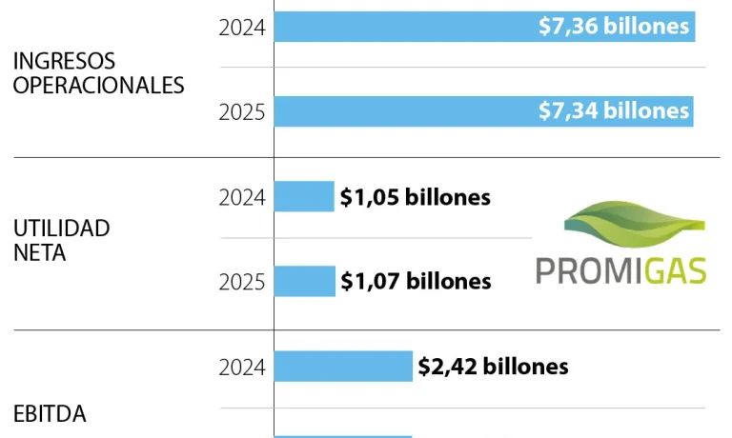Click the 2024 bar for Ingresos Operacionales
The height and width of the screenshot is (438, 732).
pos(400,27)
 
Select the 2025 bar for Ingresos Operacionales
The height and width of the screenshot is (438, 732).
pos(400,111)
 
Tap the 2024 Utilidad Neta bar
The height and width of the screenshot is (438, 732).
pos(304,197)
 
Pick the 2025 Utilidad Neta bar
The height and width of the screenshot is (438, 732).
pos(304,281)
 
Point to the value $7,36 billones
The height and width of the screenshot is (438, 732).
pos(613,27)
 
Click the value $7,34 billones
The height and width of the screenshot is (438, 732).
pos(613,111)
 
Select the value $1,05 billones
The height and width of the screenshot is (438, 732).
pos(416,197)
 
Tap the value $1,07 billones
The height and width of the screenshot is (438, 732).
pos(416,281)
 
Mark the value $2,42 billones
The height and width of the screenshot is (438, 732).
pos(493,366)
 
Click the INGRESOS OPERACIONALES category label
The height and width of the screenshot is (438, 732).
pos(98,72)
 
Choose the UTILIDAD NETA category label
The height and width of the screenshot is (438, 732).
pos(61,241)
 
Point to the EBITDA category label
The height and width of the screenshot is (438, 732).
pos(50,414)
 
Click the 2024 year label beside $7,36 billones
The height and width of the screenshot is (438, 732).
pos(242,28)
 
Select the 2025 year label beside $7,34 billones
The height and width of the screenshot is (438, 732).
pos(242,112)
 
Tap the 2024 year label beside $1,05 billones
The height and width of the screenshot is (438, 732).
pos(242,198)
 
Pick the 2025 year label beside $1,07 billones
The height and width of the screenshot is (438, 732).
pos(242,282)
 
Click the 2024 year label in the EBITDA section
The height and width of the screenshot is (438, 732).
pos(242,367)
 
